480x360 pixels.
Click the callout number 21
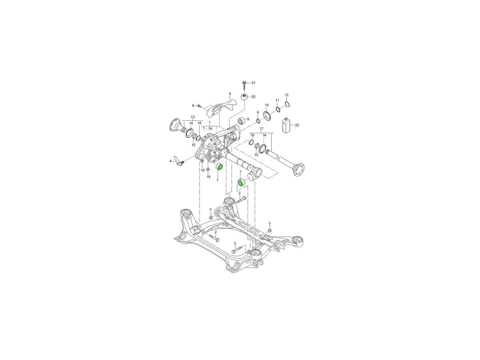(253, 83)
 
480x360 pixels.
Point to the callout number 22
(297, 125)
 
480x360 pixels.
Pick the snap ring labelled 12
(287, 104)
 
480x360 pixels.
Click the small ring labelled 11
(278, 110)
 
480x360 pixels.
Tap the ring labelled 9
(258, 121)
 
